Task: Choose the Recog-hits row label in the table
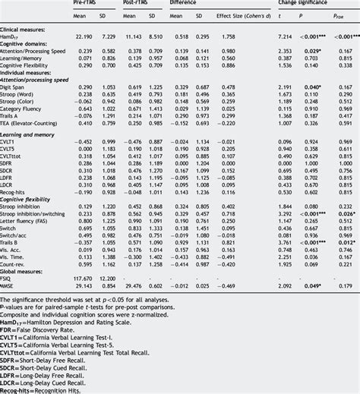click(17, 191)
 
